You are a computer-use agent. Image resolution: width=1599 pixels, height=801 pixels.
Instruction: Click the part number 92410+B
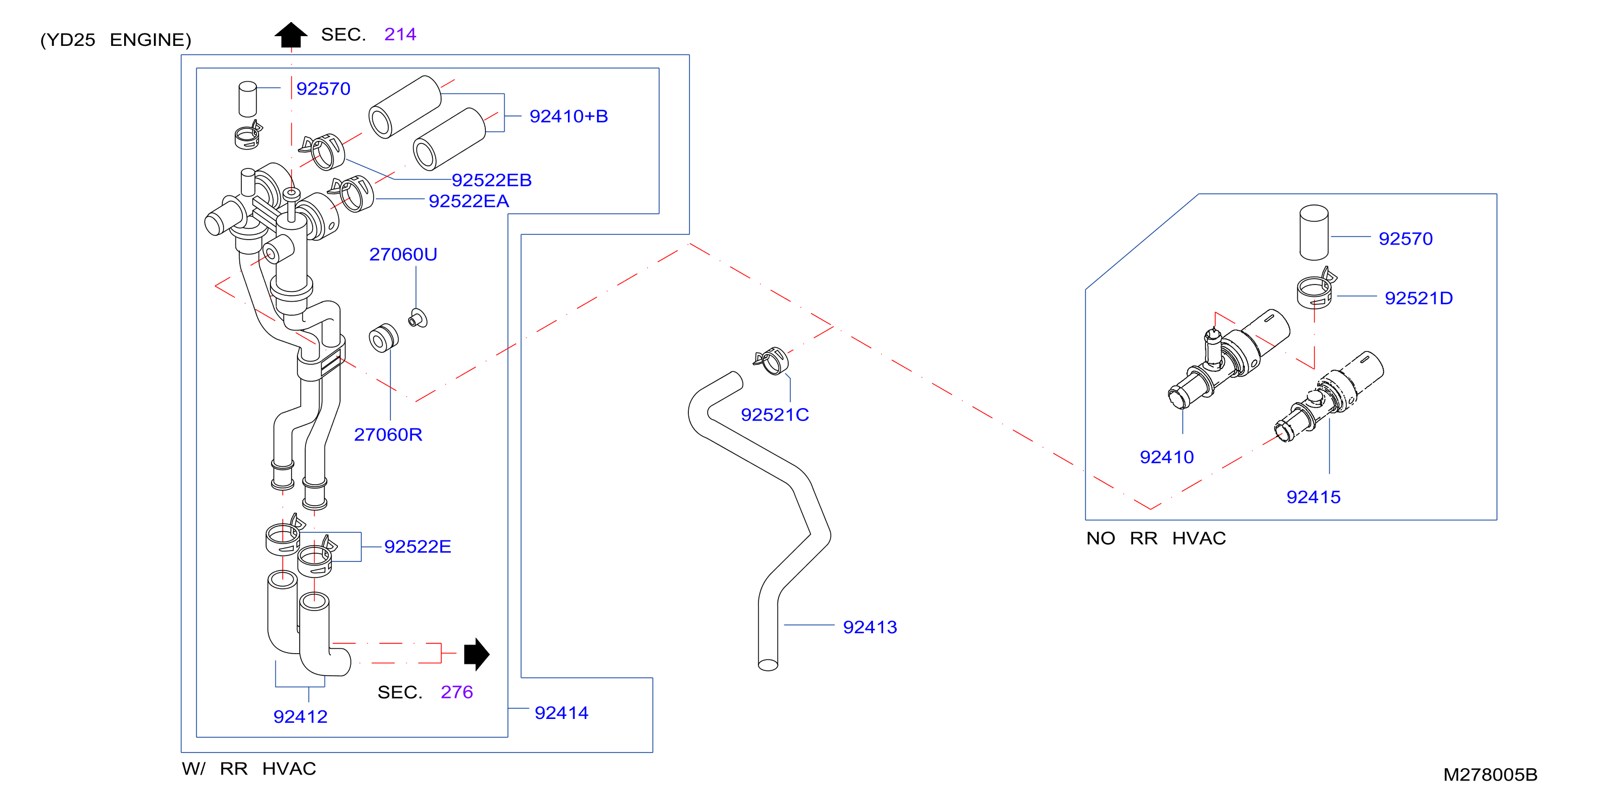click(x=568, y=116)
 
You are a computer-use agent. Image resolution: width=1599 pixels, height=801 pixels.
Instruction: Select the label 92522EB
click(x=491, y=180)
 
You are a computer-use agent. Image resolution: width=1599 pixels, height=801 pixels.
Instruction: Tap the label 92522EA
click(x=469, y=201)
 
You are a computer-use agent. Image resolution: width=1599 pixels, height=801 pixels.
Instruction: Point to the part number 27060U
click(x=403, y=254)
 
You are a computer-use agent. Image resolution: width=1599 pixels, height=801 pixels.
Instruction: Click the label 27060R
click(x=388, y=435)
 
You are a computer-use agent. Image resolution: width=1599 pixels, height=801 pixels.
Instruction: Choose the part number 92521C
click(x=775, y=415)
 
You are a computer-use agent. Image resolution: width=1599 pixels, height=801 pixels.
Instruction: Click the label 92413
click(x=870, y=627)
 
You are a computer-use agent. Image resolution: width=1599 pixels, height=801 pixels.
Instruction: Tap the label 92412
click(x=301, y=717)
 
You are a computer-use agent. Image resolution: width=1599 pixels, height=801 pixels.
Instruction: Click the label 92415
click(x=1313, y=497)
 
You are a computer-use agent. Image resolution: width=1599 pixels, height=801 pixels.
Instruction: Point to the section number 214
click(x=399, y=34)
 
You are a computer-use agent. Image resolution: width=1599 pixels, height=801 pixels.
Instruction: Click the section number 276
click(x=457, y=692)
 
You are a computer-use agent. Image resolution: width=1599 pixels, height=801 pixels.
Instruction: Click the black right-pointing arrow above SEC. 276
click(x=477, y=654)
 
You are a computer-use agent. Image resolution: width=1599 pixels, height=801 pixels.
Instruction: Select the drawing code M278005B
click(x=1490, y=775)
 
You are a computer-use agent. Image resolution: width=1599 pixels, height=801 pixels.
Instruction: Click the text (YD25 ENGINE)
click(x=116, y=40)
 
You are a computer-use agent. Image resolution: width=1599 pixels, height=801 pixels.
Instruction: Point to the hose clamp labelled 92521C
click(x=771, y=361)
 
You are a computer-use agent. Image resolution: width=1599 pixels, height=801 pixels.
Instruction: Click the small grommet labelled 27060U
click(x=418, y=318)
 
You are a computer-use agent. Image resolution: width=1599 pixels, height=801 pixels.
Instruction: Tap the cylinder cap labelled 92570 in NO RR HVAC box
click(x=1314, y=233)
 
